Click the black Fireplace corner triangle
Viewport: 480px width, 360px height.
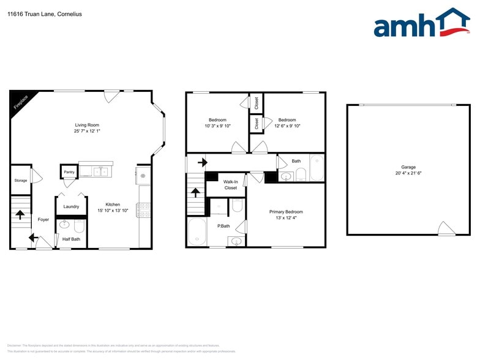coord(20,100)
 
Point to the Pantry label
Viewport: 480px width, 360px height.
coord(69,172)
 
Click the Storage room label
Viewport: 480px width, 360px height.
coord(21,181)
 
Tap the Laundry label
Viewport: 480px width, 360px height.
coord(71,206)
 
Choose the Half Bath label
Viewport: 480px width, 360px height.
coord(71,239)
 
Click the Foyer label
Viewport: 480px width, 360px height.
coord(43,219)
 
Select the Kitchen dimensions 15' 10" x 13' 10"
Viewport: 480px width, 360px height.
coord(112,211)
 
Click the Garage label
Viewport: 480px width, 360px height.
coord(408,167)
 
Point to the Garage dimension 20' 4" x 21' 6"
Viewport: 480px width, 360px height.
coord(408,174)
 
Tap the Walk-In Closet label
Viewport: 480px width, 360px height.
coord(230,185)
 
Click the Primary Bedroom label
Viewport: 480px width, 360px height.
coord(286,212)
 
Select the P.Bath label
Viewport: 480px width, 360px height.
coord(223,226)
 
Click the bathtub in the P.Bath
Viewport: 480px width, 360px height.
coord(198,231)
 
